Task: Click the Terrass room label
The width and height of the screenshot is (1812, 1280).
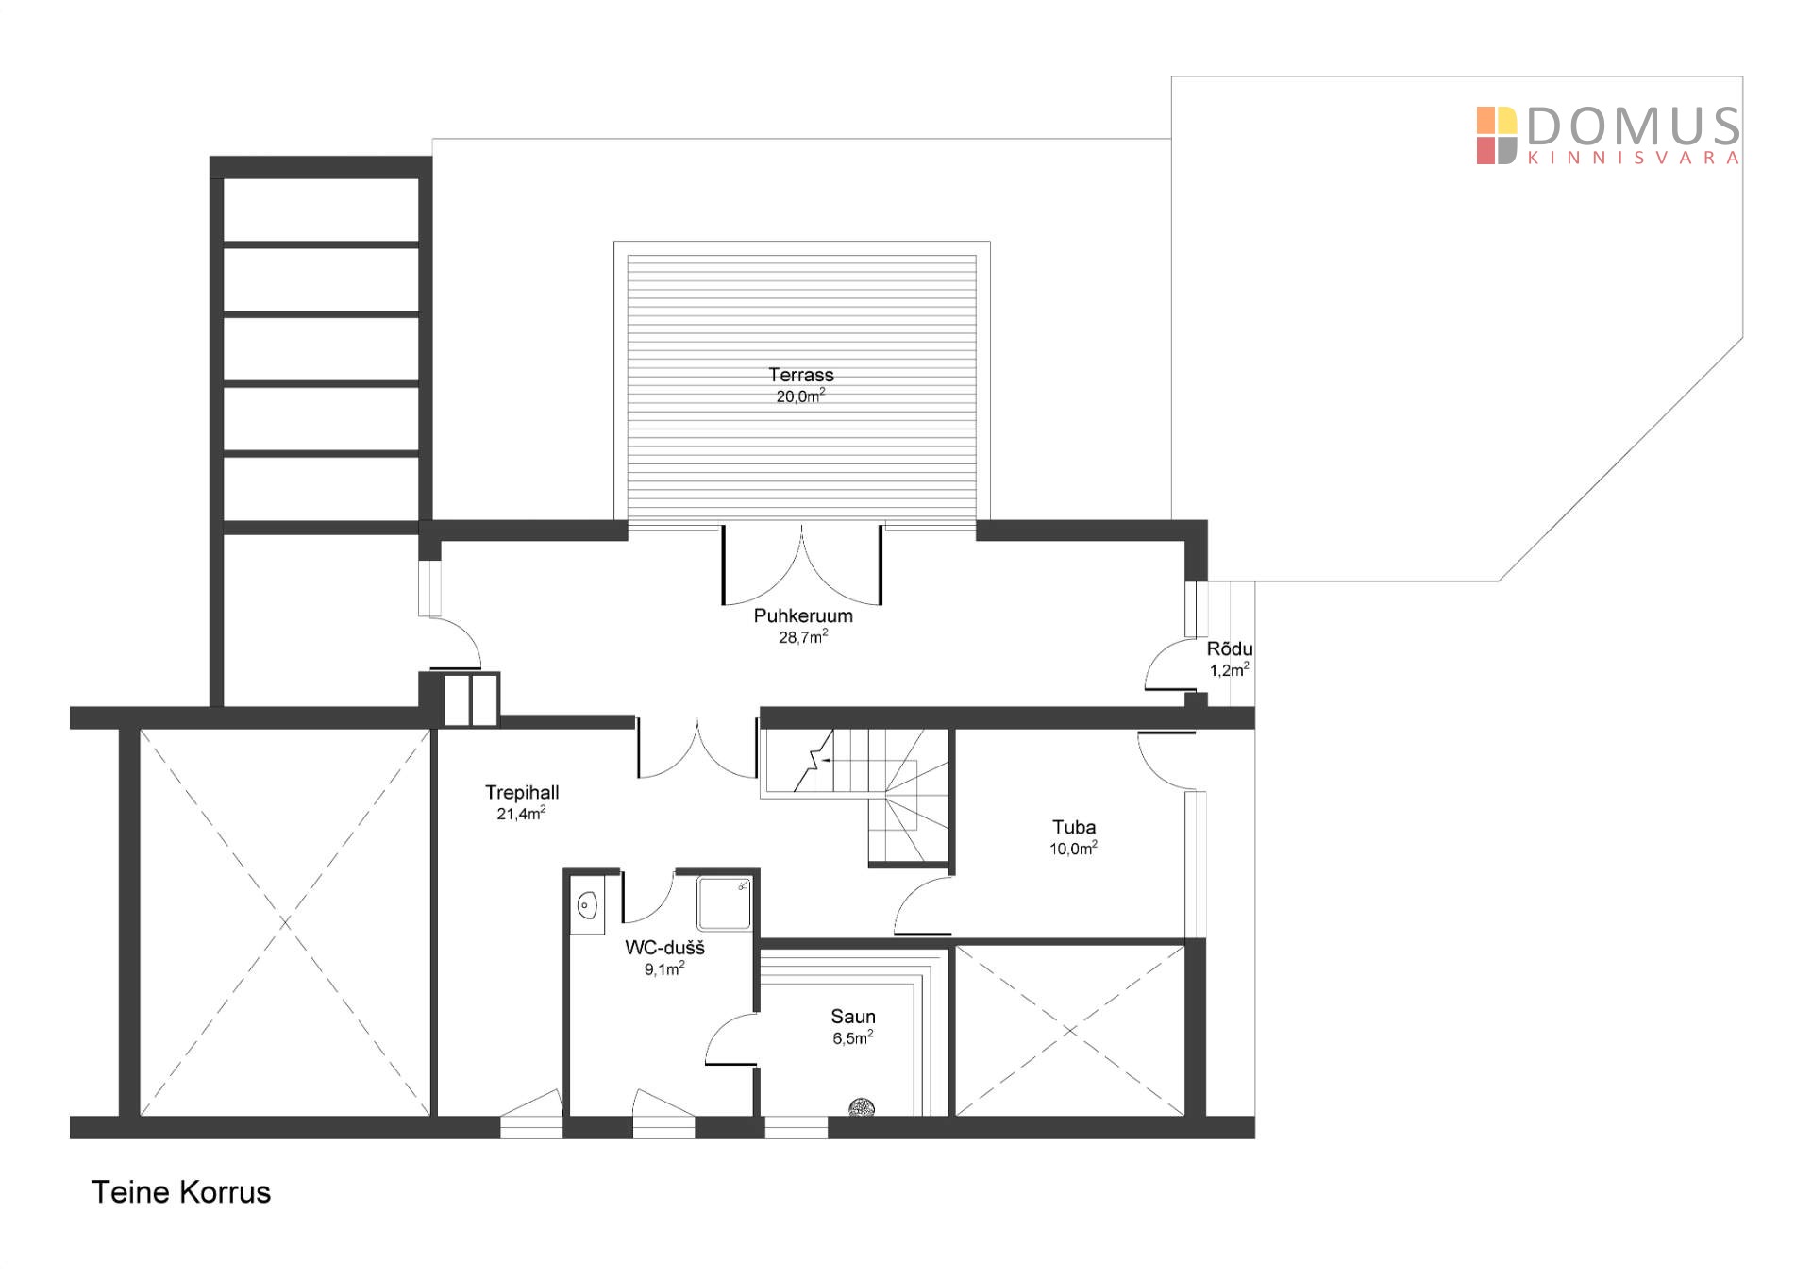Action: click(800, 375)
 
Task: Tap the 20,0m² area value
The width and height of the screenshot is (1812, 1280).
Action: click(800, 396)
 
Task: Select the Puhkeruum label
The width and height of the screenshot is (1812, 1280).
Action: click(803, 615)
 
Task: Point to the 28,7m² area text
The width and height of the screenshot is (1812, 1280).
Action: click(803, 637)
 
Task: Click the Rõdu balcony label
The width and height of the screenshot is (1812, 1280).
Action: click(1230, 649)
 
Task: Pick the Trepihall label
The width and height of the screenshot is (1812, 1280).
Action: click(522, 792)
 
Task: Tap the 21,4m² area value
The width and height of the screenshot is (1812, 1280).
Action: click(521, 814)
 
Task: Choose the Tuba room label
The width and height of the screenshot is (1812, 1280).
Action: click(1074, 828)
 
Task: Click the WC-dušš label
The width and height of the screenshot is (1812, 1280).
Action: click(664, 948)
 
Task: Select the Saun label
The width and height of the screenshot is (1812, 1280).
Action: click(853, 1017)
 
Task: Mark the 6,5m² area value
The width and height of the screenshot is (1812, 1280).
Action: click(853, 1038)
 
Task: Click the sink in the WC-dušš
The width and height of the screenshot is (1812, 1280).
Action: click(587, 905)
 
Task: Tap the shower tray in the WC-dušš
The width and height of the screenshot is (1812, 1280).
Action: click(724, 903)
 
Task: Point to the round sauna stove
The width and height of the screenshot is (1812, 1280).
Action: click(862, 1107)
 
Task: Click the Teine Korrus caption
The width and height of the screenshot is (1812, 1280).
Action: click(181, 1192)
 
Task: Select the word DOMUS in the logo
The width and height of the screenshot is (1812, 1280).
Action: click(1634, 126)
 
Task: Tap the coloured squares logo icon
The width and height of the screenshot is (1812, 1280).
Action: click(1497, 136)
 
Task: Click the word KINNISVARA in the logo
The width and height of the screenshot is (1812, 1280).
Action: click(1634, 159)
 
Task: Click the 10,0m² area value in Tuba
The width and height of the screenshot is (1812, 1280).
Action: click(1073, 849)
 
